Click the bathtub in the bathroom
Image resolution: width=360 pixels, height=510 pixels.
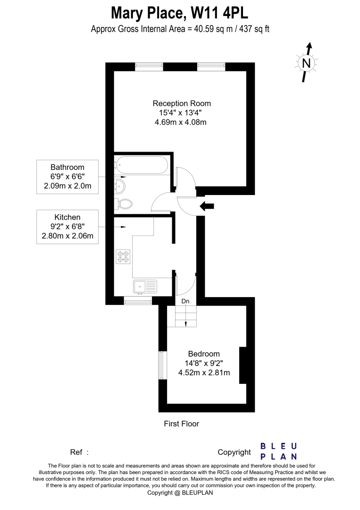click(x=141, y=165)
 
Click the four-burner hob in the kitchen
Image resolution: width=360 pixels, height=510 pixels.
click(x=123, y=256)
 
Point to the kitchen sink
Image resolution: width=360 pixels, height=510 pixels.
click(x=145, y=287)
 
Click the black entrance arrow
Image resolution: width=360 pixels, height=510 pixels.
click(x=207, y=206)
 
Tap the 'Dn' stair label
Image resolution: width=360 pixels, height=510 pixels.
click(x=185, y=301)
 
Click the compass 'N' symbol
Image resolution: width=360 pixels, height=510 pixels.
click(x=306, y=62)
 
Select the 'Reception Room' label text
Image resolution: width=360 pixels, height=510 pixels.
click(x=182, y=103)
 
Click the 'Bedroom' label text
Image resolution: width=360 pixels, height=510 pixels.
click(x=204, y=354)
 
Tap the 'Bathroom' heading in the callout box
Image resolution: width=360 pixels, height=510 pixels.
click(x=67, y=167)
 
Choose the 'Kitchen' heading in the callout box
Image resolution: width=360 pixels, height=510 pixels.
click(x=67, y=217)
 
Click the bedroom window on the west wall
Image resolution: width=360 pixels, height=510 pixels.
click(x=162, y=365)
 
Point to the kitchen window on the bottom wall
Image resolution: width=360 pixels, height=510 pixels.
click(x=138, y=301)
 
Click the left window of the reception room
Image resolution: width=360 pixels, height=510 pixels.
click(x=149, y=67)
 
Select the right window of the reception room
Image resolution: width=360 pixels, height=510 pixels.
click(x=211, y=67)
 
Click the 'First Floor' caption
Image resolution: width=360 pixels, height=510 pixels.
click(x=181, y=424)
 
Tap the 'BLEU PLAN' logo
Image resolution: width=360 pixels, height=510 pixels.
click(x=279, y=451)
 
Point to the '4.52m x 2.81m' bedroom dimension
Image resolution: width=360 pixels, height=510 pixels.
click(x=204, y=373)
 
